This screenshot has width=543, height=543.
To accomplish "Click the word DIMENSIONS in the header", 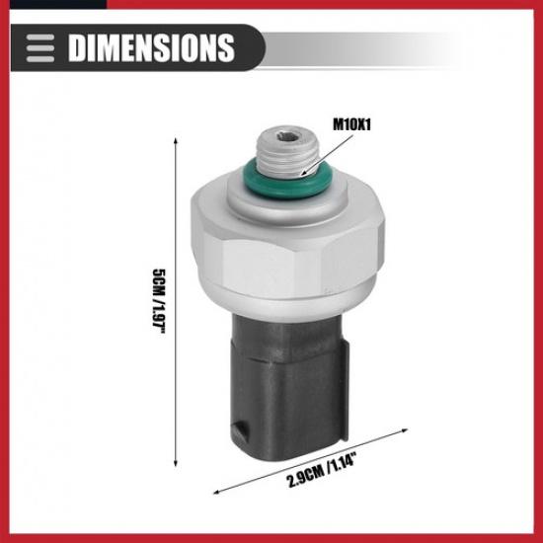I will [149, 46].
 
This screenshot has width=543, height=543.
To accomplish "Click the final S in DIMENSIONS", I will [225, 46].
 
